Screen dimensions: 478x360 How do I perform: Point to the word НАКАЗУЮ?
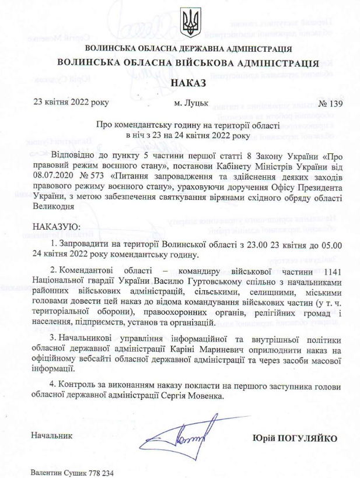(x=57, y=225)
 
